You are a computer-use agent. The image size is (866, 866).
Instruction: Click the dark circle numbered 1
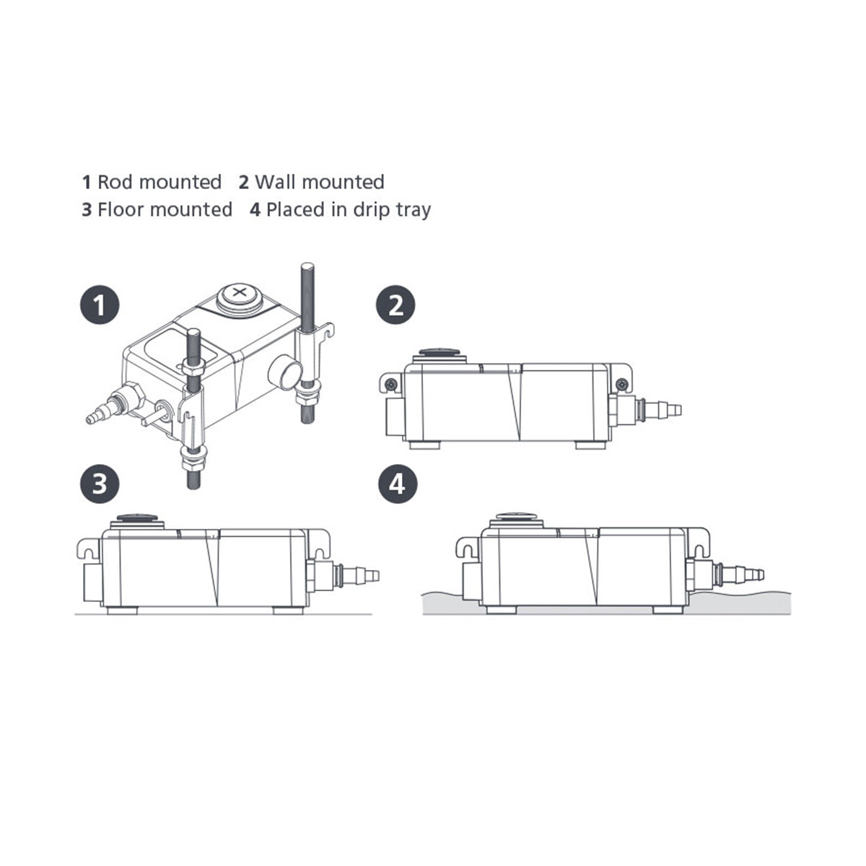coord(100,305)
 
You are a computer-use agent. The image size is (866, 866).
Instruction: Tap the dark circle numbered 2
coord(395,305)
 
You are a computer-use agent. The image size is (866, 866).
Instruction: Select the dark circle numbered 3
coord(100,484)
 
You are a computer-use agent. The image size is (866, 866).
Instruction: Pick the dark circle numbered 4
coord(397,484)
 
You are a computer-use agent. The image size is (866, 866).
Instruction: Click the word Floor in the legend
coord(121,209)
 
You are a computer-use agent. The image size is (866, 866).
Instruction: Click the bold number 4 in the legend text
coord(255,210)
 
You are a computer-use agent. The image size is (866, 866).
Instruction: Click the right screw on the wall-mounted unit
coord(622,383)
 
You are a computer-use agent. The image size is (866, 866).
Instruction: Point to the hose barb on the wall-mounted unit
coord(660,409)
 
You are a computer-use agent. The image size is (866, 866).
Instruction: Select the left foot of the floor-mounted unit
coord(122,610)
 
